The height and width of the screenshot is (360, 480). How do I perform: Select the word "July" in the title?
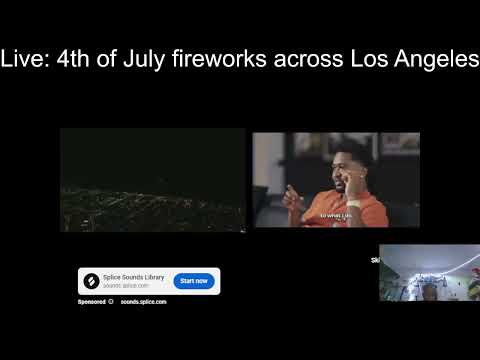click(x=145, y=59)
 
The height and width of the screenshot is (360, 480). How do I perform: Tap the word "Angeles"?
click(x=437, y=59)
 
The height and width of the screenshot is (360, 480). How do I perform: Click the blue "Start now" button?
click(x=194, y=281)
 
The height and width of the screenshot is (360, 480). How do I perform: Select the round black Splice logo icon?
click(x=92, y=281)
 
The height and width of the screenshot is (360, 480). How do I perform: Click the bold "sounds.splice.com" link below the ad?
click(x=144, y=301)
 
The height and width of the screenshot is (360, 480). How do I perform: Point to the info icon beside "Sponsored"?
click(x=111, y=301)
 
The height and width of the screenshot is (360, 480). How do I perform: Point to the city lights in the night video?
click(x=150, y=205)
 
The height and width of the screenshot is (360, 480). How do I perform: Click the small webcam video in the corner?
click(x=428, y=272)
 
